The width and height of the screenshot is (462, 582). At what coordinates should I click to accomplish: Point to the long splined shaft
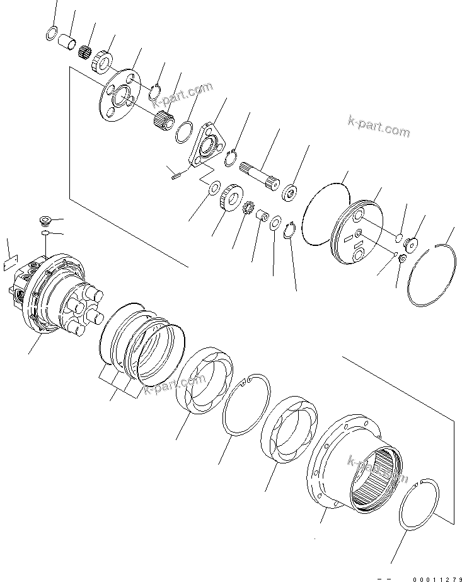260,171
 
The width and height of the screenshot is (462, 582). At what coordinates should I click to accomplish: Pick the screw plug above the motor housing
43,221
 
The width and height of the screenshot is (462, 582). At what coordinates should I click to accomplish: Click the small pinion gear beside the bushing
248,207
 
